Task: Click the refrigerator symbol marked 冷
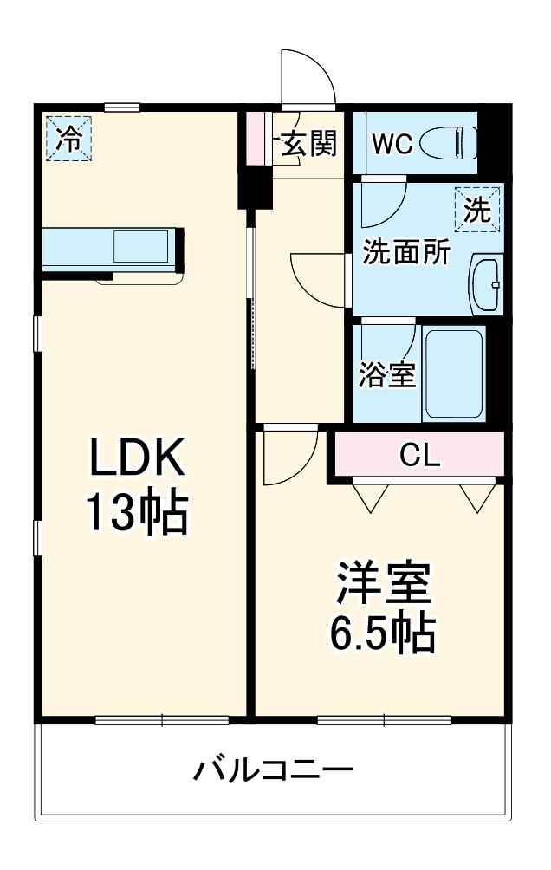[67, 140]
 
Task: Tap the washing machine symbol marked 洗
[477, 210]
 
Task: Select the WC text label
[392, 143]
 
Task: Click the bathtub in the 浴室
[453, 373]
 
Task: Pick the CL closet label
[420, 454]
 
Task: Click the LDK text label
[138, 458]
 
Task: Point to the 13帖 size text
[136, 514]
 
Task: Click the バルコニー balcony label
[273, 769]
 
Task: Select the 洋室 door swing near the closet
[287, 456]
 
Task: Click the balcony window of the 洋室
[384, 719]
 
